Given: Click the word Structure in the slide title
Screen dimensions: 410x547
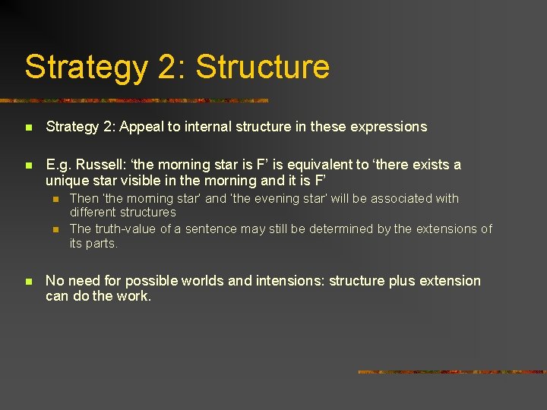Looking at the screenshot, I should click(263, 67).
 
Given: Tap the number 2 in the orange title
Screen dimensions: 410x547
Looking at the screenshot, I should click(167, 67).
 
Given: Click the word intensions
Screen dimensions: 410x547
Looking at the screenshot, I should click(289, 281).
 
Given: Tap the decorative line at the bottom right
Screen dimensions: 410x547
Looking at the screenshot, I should click(451, 372).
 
